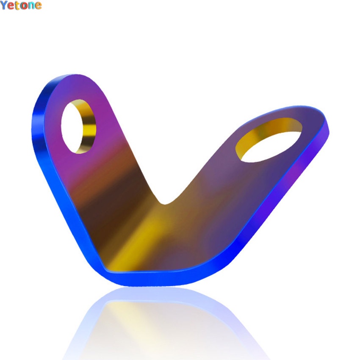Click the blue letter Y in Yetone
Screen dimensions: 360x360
(4, 6)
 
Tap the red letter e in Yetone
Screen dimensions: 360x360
(11, 6)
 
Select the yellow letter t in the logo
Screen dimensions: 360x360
(17, 6)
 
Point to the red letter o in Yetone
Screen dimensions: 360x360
(24, 6)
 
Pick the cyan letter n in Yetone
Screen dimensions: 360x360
(31, 6)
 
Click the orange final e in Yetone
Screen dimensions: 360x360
(38, 6)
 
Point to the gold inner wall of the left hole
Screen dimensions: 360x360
(87, 127)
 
